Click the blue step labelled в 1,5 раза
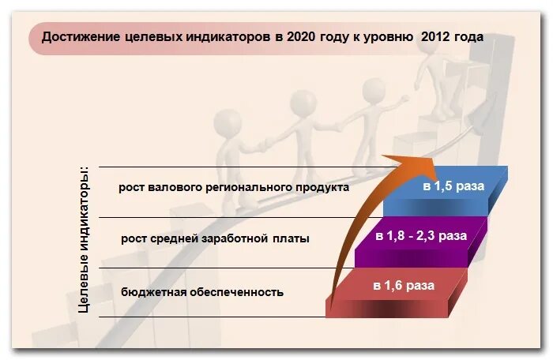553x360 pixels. [x=453, y=187]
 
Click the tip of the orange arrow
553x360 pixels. [x=432, y=158]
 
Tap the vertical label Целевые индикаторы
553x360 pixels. [x=85, y=239]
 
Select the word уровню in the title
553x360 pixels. [x=389, y=36]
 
